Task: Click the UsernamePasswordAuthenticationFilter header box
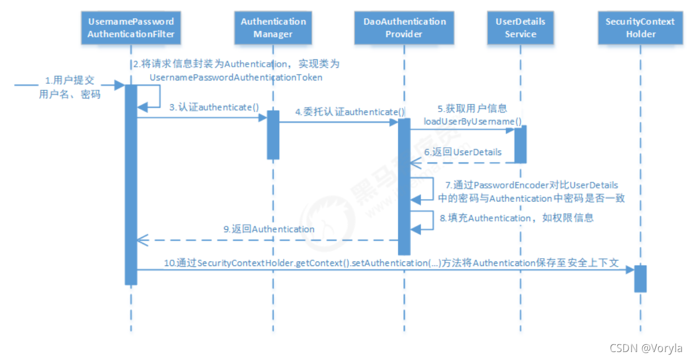(131, 28)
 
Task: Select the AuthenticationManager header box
(274, 28)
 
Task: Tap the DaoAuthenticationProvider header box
(404, 28)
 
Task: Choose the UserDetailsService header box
(520, 28)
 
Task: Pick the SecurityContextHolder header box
(640, 28)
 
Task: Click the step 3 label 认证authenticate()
(214, 107)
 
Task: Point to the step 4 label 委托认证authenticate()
(349, 112)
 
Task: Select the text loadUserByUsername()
(472, 121)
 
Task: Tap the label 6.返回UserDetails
(463, 152)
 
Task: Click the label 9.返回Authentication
(268, 229)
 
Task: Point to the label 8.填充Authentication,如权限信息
(517, 218)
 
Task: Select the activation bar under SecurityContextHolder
(640, 278)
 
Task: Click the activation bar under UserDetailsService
(520, 144)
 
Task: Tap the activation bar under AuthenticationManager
(274, 134)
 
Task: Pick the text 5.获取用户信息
(472, 109)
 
